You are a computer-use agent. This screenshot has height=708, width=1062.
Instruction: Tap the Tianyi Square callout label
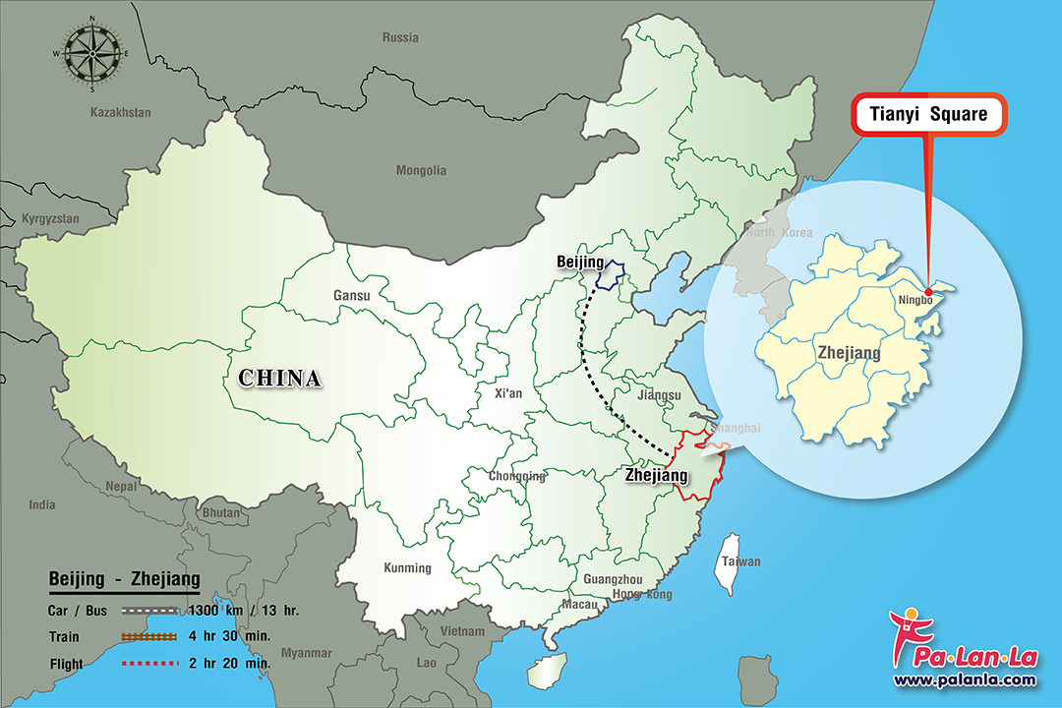coord(928,115)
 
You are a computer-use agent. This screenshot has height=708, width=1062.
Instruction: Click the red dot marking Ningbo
coord(928,292)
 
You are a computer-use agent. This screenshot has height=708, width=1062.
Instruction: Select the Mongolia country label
coord(421,170)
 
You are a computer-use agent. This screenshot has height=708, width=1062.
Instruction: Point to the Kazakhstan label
coord(121,112)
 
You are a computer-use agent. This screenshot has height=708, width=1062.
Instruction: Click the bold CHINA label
coord(279,378)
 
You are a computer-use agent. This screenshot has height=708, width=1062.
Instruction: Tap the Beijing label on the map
coord(580,263)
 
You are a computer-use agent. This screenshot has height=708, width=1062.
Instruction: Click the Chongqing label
coord(517,477)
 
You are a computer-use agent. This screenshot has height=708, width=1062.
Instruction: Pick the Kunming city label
coord(407,567)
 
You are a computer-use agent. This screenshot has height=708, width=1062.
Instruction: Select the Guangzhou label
coord(613,579)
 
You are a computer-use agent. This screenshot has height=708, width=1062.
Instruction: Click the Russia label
coord(400,37)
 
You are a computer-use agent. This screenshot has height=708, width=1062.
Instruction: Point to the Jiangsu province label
coord(659,395)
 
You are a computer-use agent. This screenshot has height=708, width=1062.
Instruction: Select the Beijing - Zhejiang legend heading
coord(124,579)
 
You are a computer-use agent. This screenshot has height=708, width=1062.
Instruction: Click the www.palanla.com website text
coord(964,679)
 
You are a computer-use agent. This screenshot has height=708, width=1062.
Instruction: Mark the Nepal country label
coord(122,486)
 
